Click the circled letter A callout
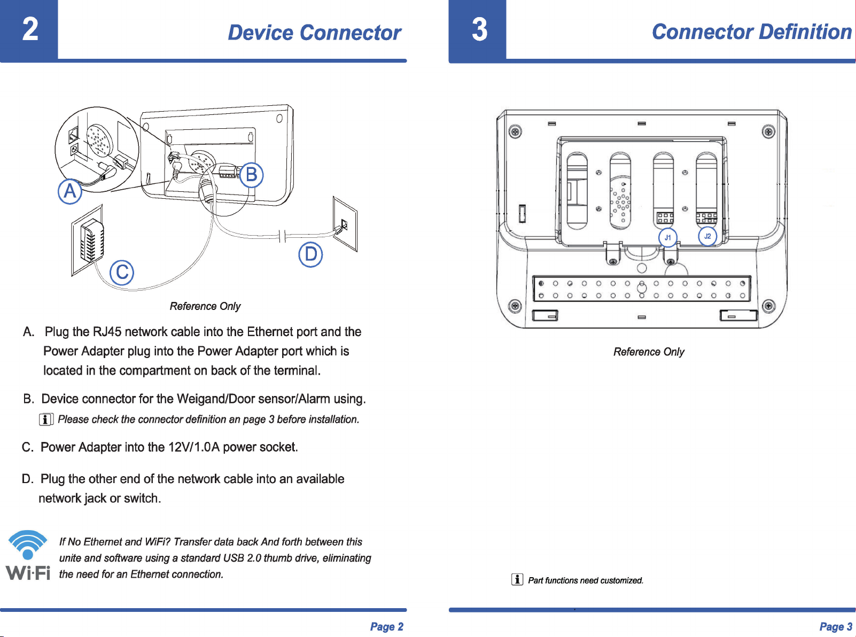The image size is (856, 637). [70, 191]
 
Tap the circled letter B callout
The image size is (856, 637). [251, 175]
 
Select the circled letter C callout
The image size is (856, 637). [122, 273]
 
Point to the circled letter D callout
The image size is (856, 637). [310, 254]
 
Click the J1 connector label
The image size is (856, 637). [668, 237]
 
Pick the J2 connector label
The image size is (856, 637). [707, 236]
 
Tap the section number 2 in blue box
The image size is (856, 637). [30, 29]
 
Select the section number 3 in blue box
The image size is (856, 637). [479, 29]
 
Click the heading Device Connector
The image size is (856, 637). [314, 33]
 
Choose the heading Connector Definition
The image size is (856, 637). [751, 32]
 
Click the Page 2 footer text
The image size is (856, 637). [386, 627]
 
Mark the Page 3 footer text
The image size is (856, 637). [836, 627]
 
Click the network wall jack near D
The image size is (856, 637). [345, 224]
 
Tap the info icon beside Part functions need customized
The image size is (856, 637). [517, 580]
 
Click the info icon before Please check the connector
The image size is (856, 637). [46, 420]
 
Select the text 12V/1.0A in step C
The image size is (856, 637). [194, 447]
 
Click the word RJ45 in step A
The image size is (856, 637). [107, 332]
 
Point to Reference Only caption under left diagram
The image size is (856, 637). [205, 306]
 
